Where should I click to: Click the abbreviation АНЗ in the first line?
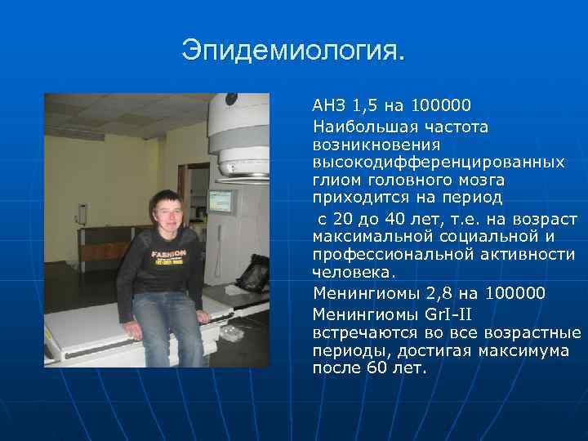(330, 105)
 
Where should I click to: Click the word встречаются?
(365, 333)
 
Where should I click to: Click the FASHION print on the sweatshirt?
(169, 255)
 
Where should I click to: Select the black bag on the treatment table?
(253, 273)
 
